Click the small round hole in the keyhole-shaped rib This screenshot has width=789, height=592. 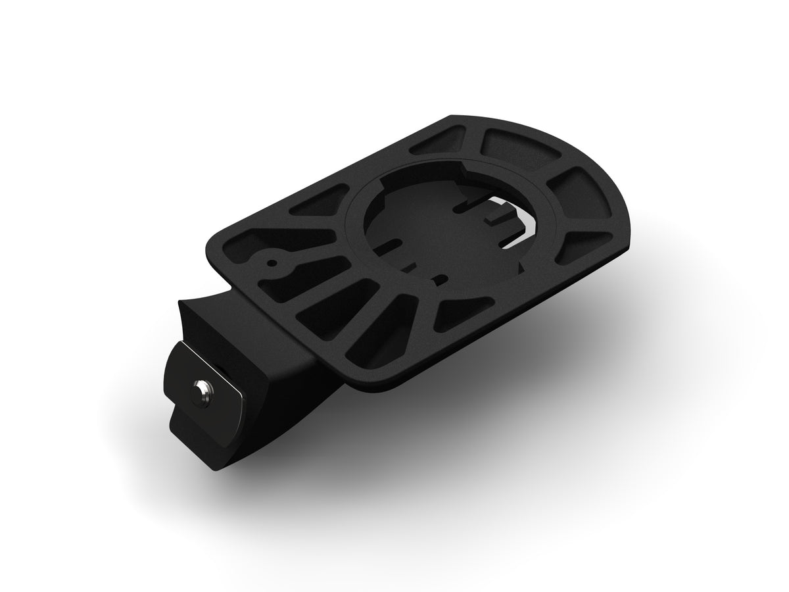click(271, 263)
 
